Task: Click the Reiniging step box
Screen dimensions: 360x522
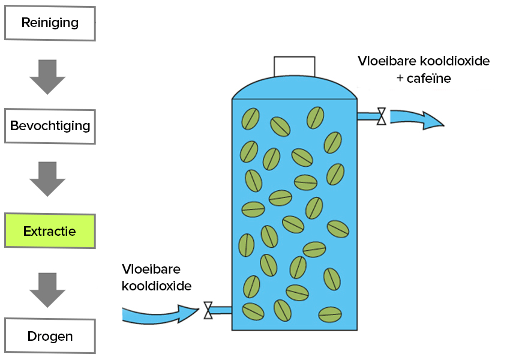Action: pyautogui.click(x=50, y=23)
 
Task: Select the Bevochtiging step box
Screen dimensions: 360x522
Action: pyautogui.click(x=50, y=127)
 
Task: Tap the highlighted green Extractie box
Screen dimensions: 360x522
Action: pyautogui.click(x=50, y=231)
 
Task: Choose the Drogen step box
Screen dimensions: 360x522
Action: pyautogui.click(x=50, y=336)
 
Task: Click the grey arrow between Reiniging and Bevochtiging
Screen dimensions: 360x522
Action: pyautogui.click(x=47, y=76)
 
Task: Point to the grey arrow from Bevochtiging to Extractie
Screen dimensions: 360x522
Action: pyautogui.click(x=47, y=179)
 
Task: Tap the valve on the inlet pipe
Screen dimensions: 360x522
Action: pyautogui.click(x=208, y=310)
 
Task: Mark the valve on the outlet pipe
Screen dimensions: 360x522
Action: pyautogui.click(x=381, y=116)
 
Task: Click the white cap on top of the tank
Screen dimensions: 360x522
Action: pyautogui.click(x=295, y=67)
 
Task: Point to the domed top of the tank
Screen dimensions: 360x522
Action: pyautogui.click(x=295, y=89)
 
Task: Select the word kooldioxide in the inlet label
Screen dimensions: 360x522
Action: pyautogui.click(x=157, y=286)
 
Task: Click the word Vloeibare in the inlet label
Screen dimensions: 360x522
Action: pyautogui.click(x=151, y=269)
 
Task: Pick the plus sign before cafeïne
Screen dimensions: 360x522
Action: pyautogui.click(x=400, y=79)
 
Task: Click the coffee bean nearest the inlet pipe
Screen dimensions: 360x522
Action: pyautogui.click(x=253, y=311)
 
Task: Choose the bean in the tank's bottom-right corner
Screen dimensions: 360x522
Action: pyautogui.click(x=330, y=313)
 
